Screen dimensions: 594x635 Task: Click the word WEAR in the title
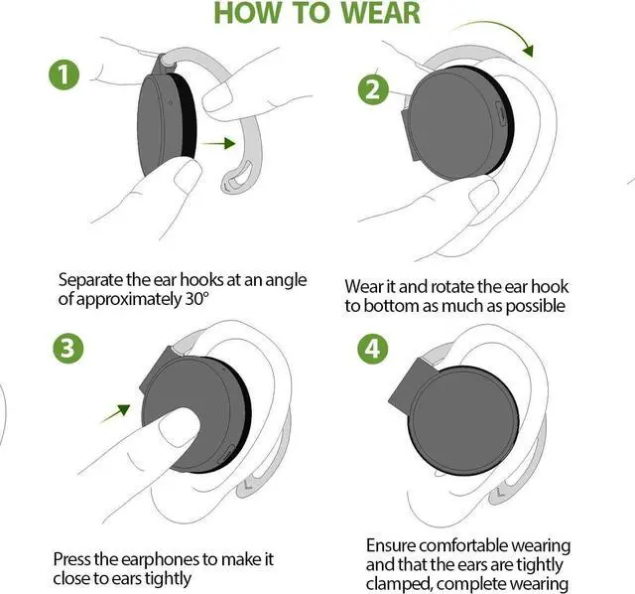point(370,13)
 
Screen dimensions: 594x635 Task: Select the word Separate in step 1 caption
point(94,280)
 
